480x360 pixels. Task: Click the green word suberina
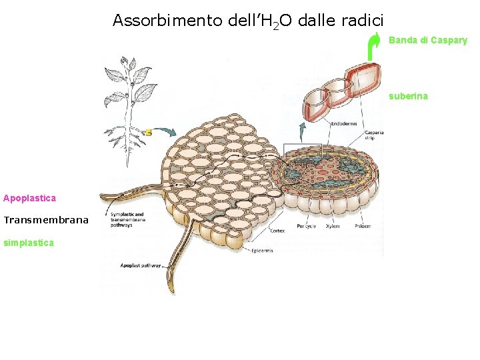coord(409,96)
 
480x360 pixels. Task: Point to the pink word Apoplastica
coord(29,198)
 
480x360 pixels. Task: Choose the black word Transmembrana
coord(46,220)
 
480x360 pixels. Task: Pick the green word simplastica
coord(29,243)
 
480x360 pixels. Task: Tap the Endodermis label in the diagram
coord(343,123)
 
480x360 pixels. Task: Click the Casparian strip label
coord(373,136)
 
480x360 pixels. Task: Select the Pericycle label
coord(307,226)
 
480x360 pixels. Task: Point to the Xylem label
coord(333,226)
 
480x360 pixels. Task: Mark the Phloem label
coord(362,226)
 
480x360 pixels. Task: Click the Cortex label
coord(278,231)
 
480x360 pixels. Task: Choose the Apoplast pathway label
coord(141,265)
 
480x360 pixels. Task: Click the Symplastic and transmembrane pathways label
coord(125,219)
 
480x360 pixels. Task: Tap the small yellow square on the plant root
coord(148,133)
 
